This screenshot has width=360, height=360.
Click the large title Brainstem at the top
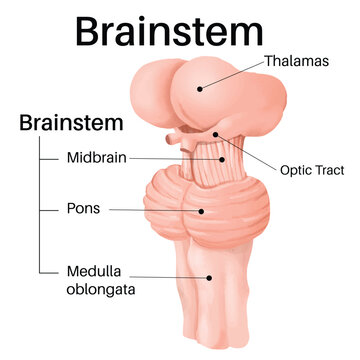tap(179, 30)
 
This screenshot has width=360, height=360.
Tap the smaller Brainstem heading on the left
tap(71, 123)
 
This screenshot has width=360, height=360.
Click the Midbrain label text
tap(96, 157)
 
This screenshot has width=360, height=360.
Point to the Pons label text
tap(83, 210)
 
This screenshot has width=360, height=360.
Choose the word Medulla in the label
tap(96, 270)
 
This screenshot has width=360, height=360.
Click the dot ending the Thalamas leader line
tap(200, 88)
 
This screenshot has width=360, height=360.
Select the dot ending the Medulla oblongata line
tap(208, 278)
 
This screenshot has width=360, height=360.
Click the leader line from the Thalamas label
tap(232, 74)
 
